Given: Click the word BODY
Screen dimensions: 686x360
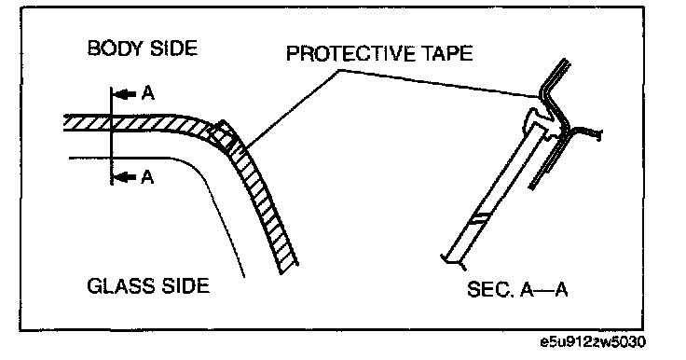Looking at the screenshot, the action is pos(115,48).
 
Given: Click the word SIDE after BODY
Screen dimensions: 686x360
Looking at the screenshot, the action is pos(173,48).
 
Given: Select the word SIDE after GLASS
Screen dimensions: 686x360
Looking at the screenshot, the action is pos(185,285).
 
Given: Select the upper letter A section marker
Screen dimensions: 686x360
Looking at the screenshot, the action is pos(148,93).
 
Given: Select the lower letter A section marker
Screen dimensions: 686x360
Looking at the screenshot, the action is pos(148,177).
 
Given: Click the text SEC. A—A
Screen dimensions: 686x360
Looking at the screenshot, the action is pos(517,289).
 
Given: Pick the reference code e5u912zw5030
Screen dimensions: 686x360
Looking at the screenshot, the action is pos(593,341).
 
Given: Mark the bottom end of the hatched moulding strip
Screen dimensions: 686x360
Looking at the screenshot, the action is pos(289,269).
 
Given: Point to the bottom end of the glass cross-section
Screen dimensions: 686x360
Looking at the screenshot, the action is pos(453,259).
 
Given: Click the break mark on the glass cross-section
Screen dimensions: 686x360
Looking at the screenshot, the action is pos(481,217).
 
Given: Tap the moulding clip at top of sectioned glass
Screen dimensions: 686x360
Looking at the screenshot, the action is pos(542,122).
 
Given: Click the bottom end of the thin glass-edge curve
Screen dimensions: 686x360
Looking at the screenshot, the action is pos(244,276).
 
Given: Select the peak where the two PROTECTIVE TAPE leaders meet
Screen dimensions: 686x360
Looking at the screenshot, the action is pos(339,70).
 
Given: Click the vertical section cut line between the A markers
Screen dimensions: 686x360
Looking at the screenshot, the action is pos(112,136).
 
